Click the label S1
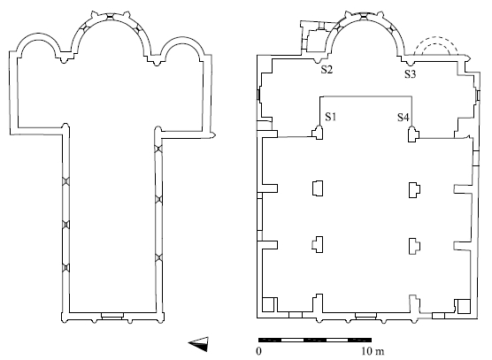point(330,117)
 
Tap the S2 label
point(327,70)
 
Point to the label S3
point(410,74)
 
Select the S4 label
point(404,118)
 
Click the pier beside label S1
point(318,133)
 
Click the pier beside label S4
point(413,134)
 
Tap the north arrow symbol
point(198,344)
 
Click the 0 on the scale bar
point(258,351)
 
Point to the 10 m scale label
point(373,351)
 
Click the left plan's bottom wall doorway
point(112,316)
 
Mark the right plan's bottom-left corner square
point(268,304)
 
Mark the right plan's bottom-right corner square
point(464,306)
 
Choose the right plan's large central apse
point(364,16)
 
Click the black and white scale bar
point(315,340)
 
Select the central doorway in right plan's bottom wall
point(365,316)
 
